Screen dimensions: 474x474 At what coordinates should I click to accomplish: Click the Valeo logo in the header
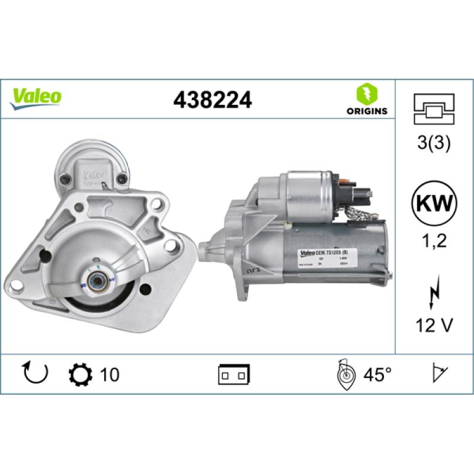tap(36, 97)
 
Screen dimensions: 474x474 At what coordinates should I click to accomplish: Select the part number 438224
tap(212, 100)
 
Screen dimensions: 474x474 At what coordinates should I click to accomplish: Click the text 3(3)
tap(434, 143)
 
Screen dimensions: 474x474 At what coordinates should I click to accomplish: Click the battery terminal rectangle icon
tap(234, 374)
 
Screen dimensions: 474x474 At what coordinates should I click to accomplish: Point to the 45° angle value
tap(377, 374)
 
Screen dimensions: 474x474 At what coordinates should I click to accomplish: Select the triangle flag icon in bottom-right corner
tap(439, 373)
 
